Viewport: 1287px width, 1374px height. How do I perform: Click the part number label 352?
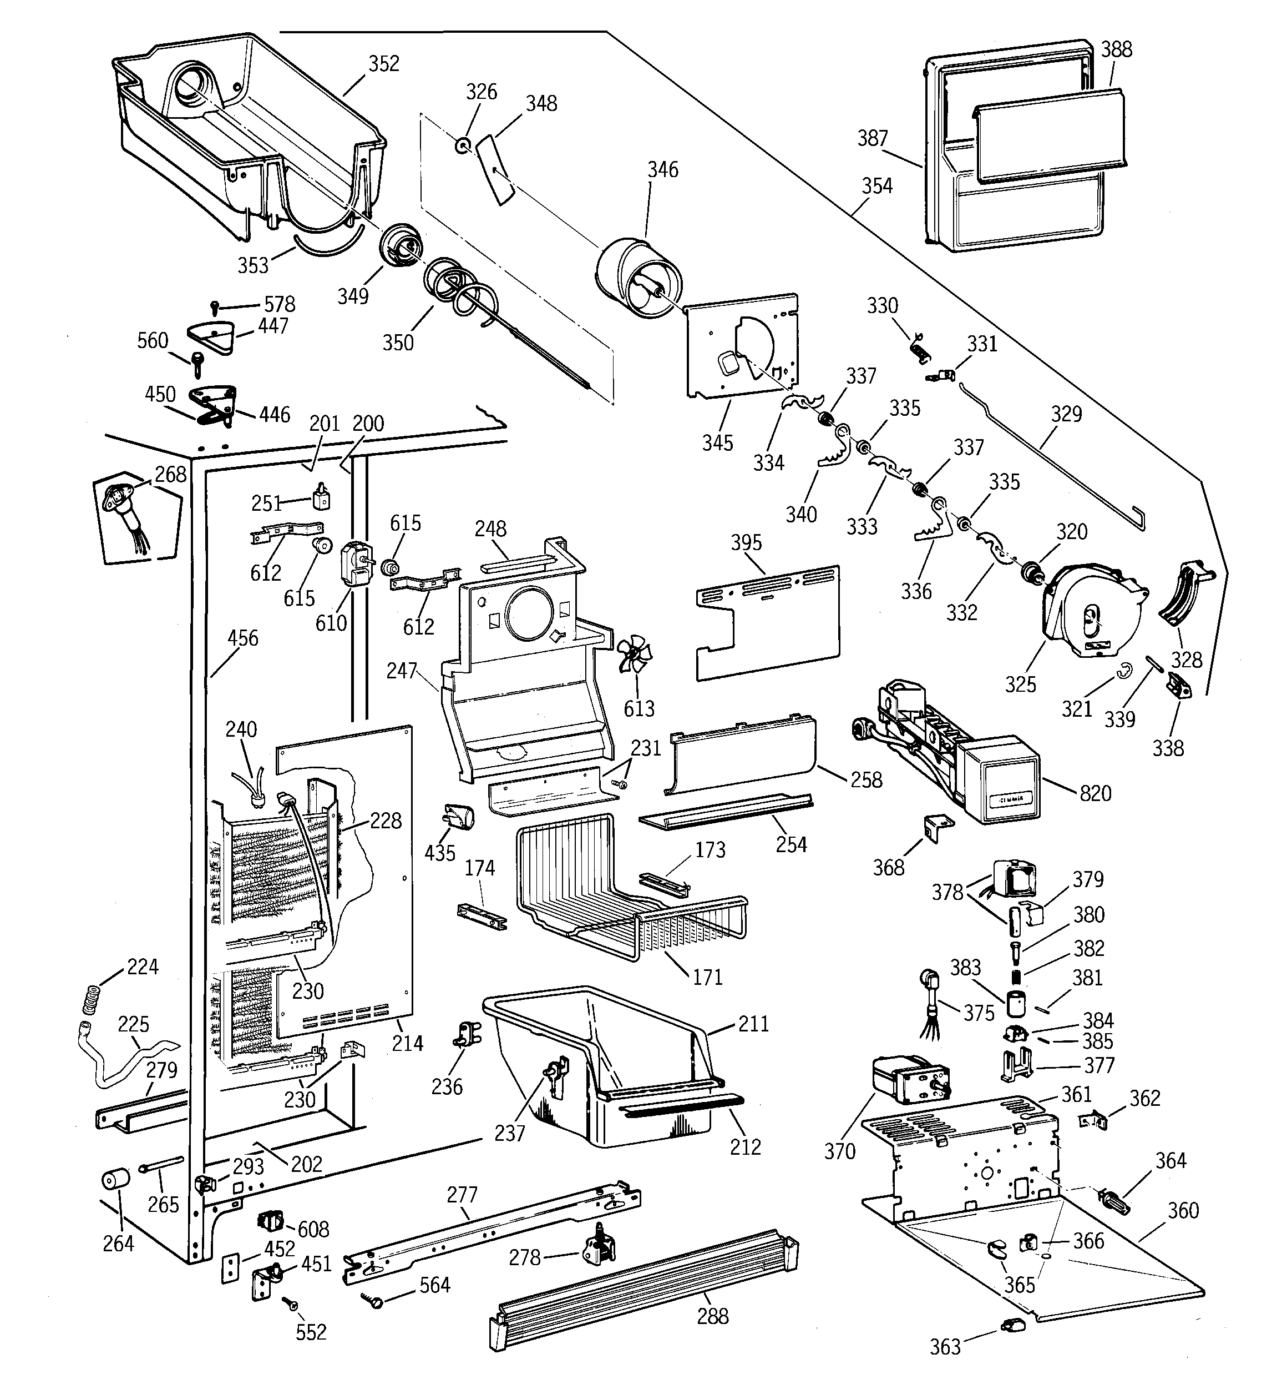coord(383,64)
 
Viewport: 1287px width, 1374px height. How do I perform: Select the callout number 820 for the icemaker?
coord(1095,793)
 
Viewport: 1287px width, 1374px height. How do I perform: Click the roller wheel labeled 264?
coord(116,1179)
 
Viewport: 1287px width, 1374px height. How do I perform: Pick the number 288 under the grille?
coord(712,1316)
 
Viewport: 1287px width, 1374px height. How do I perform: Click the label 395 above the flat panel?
coord(746,542)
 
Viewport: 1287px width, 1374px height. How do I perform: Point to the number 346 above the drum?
coord(662,169)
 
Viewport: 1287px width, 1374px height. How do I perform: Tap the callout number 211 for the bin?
coord(753,1024)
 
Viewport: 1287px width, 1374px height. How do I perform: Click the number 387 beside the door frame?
coord(872,138)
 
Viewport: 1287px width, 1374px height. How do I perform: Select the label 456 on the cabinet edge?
coord(242,637)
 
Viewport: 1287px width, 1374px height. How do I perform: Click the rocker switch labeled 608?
coord(270,1221)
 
